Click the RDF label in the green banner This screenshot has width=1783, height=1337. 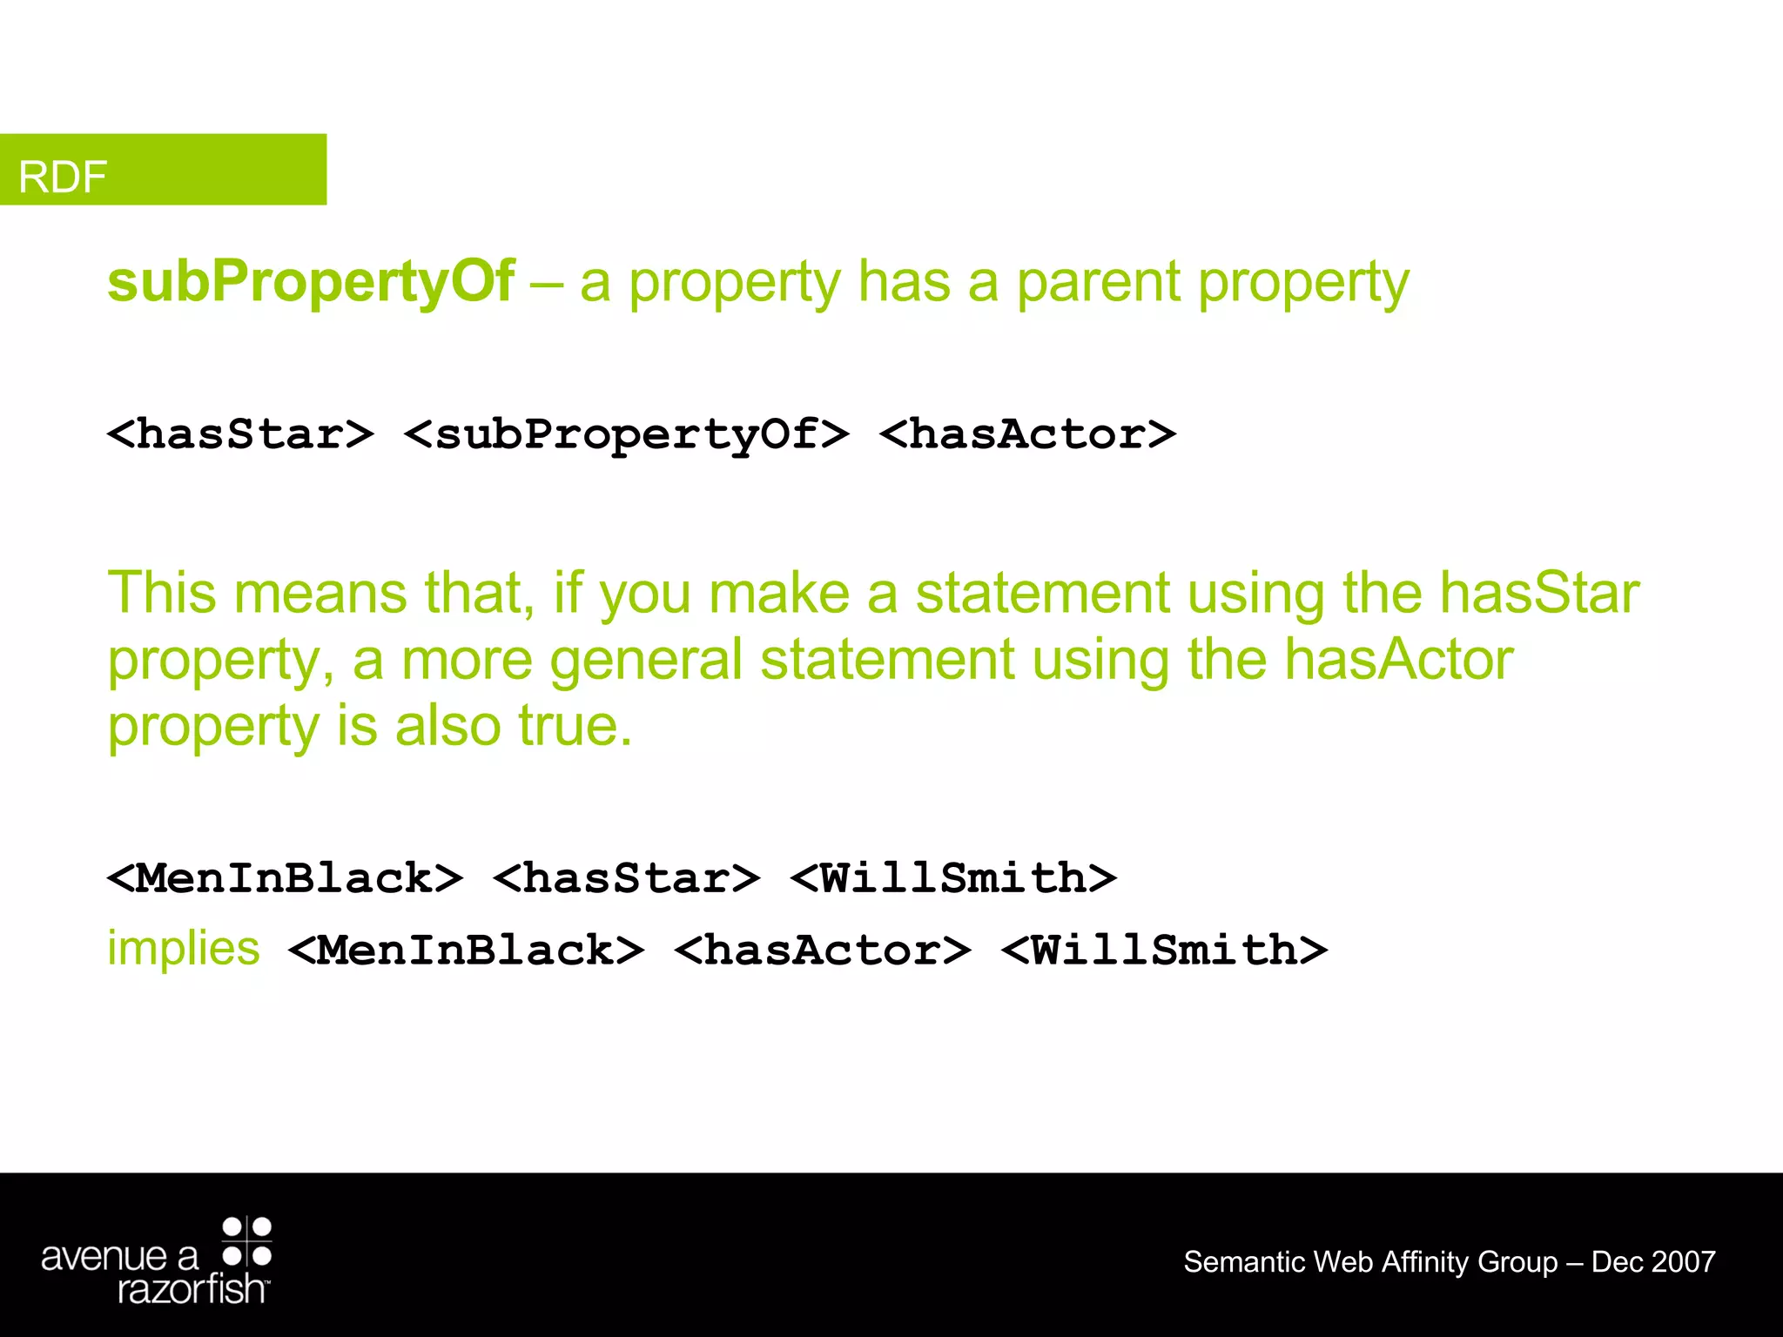pyautogui.click(x=63, y=177)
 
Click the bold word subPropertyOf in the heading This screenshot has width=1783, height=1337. pyautogui.click(x=311, y=282)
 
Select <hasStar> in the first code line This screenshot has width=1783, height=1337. pyautogui.click(x=240, y=433)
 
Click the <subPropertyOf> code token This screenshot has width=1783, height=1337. pyautogui.click(x=627, y=433)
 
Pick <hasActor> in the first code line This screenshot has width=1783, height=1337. pyautogui.click(x=1027, y=433)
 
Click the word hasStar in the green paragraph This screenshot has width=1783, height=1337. pyautogui.click(x=1539, y=593)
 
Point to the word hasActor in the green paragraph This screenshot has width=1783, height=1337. pyautogui.click(x=1399, y=659)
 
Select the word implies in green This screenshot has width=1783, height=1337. pyautogui.click(x=184, y=947)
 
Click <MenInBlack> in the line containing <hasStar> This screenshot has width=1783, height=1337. pyautogui.click(x=285, y=877)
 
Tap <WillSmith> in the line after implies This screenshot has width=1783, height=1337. pyautogui.click(x=1164, y=950)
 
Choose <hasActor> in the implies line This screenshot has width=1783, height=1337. pyautogui.click(x=822, y=950)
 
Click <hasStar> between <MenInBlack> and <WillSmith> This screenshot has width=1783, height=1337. pyautogui.click(x=627, y=877)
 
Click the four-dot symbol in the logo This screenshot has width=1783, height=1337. pyautogui.click(x=247, y=1241)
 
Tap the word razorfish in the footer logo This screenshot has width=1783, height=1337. pyautogui.click(x=192, y=1289)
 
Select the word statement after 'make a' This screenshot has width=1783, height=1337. pyautogui.click(x=1042, y=593)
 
